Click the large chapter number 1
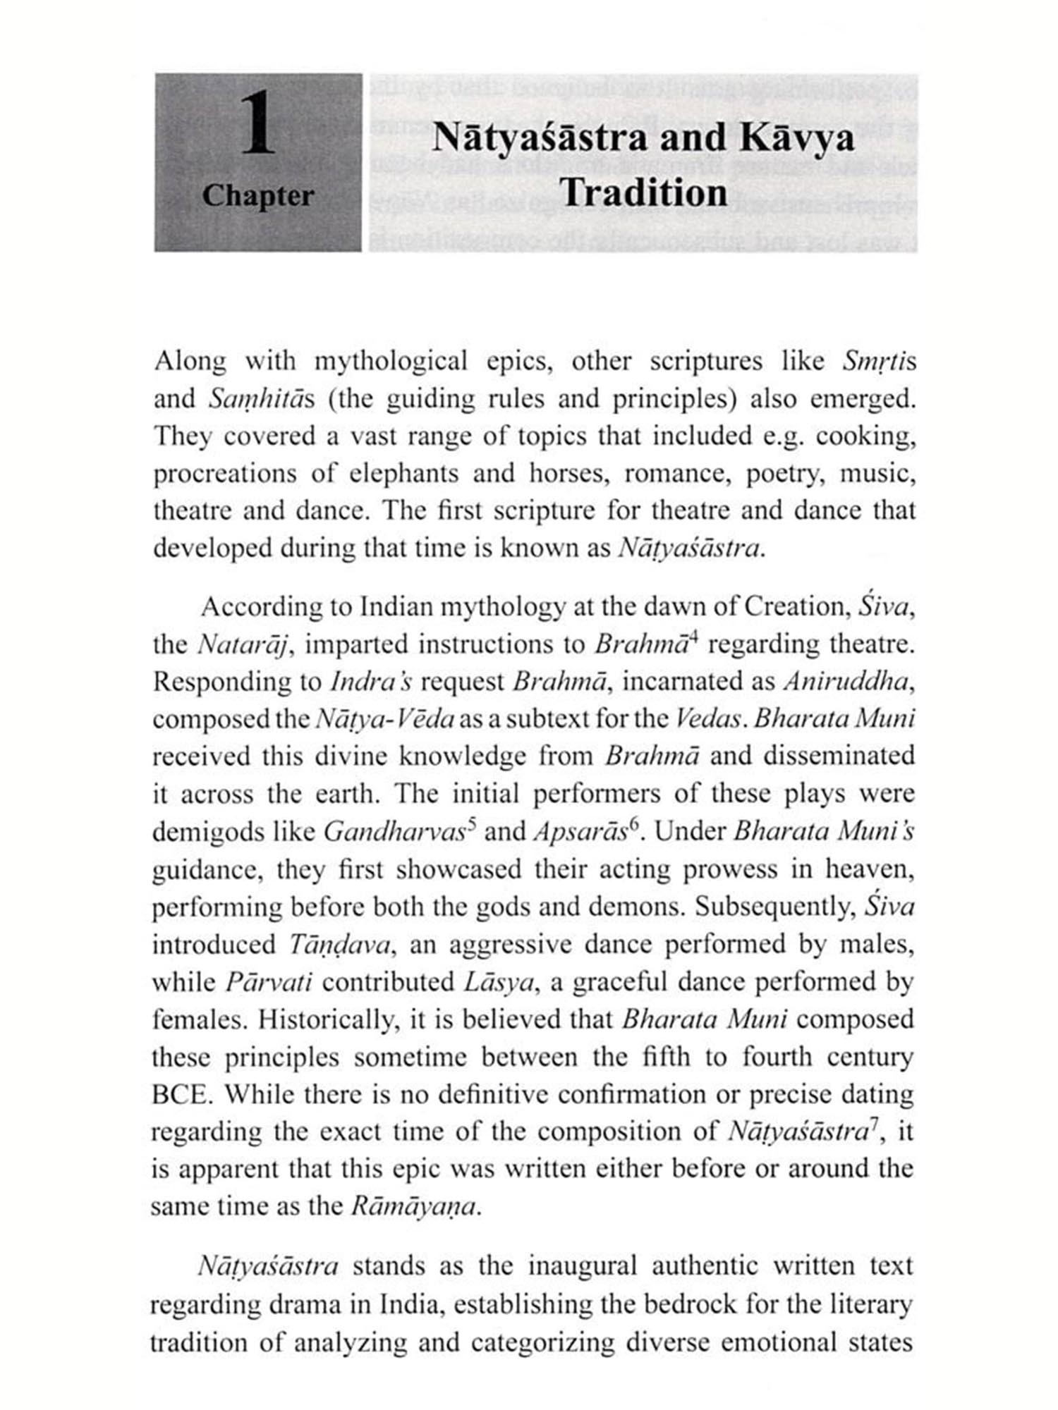tap(258, 125)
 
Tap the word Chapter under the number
tap(257, 195)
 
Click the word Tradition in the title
tap(645, 192)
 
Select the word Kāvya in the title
tap(797, 137)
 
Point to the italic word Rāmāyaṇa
tap(415, 1206)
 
